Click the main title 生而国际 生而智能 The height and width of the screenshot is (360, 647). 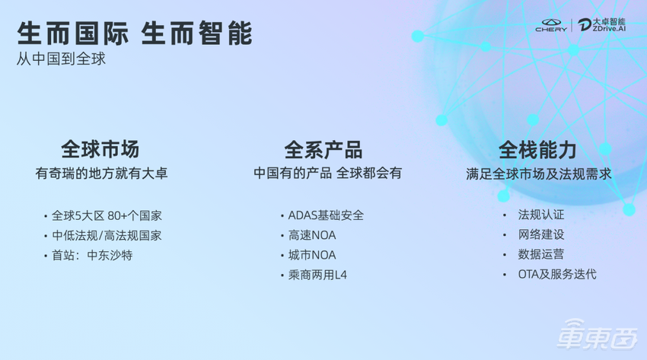point(134,33)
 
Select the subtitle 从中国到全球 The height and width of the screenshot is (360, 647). point(61,59)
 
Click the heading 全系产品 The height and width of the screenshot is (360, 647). point(323,148)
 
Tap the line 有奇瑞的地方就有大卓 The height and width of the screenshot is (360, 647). point(101,174)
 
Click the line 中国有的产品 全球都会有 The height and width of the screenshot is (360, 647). point(327,174)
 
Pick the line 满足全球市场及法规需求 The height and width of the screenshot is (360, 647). point(538,174)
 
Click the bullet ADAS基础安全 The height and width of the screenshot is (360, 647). point(326,215)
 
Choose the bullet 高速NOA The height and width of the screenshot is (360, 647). point(312,235)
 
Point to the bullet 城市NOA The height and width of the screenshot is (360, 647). point(312,255)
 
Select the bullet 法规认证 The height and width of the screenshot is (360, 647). point(541,215)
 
